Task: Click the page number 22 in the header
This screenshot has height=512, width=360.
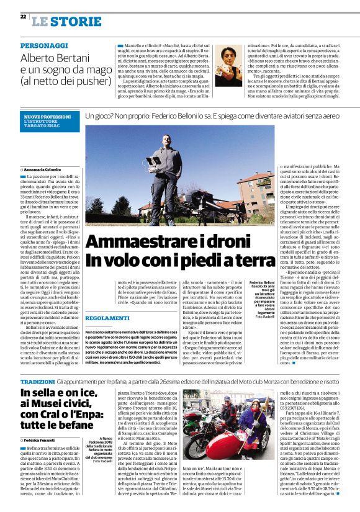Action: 23,17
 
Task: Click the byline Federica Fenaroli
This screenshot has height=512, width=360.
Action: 43,439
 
